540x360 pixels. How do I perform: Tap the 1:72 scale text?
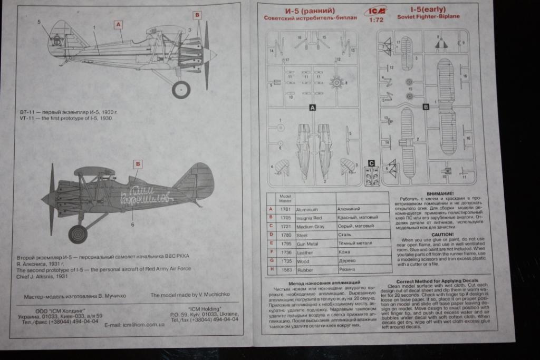click(x=377, y=22)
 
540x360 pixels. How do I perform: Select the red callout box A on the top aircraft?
click(x=118, y=24)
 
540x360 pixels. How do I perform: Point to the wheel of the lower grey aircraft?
click(x=78, y=234)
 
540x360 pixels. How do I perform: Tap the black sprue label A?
click(x=312, y=107)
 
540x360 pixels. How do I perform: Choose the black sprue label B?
click(x=426, y=107)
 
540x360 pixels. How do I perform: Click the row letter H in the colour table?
click(x=271, y=270)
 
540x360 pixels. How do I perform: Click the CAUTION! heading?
click(x=442, y=233)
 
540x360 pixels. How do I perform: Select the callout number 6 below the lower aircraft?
click(x=133, y=224)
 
